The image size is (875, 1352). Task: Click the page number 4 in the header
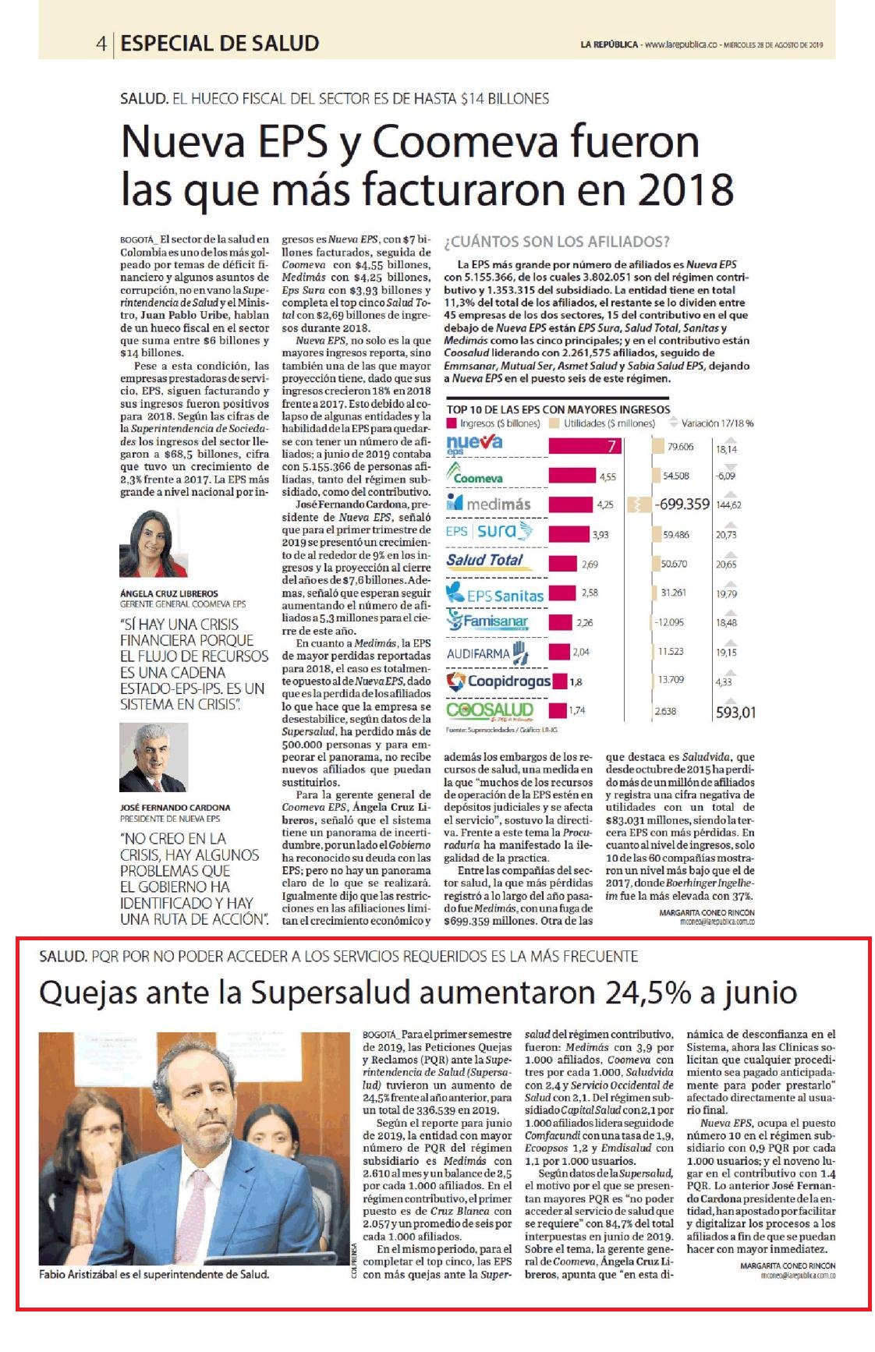[101, 44]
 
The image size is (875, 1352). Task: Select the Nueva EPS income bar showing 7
[586, 446]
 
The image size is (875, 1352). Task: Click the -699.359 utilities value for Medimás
[682, 504]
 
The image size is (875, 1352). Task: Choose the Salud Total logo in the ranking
[484, 560]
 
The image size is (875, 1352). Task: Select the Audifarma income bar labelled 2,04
[559, 652]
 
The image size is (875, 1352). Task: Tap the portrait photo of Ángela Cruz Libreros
[154, 543]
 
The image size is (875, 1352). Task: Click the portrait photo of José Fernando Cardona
[154, 757]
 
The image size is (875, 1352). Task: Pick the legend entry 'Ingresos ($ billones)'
[494, 423]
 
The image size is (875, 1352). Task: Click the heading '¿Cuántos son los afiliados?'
[557, 242]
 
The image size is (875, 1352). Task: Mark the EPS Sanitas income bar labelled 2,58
[562, 593]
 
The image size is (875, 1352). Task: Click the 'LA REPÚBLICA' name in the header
[608, 44]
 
